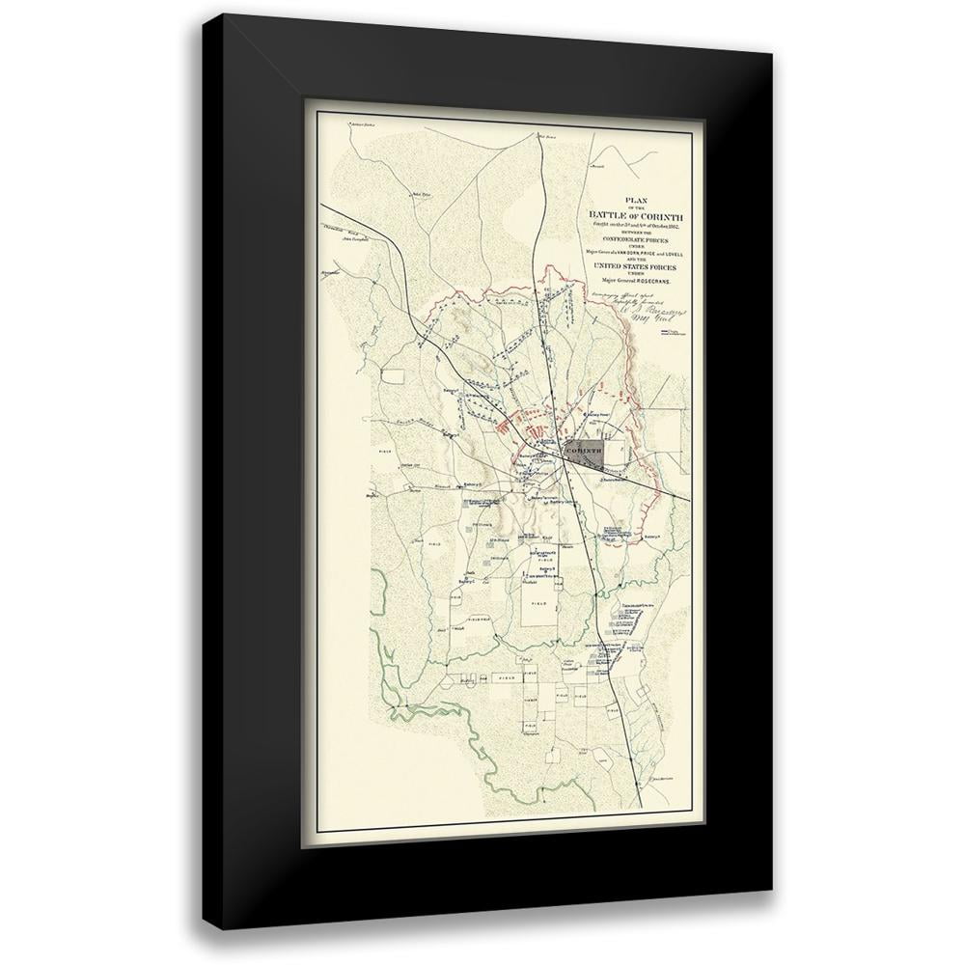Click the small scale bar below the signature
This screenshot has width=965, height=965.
click(x=674, y=333)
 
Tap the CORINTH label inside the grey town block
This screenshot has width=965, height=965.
click(x=585, y=451)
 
